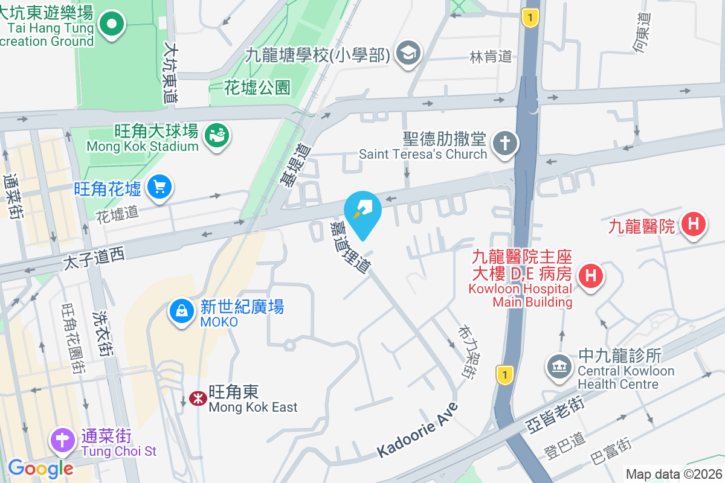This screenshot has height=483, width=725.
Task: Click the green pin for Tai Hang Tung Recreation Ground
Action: pos(112,24)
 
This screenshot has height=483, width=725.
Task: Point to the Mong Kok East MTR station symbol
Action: pos(196,398)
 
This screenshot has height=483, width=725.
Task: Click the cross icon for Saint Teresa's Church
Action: pos(504,144)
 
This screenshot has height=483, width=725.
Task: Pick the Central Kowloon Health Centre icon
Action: pos(559,366)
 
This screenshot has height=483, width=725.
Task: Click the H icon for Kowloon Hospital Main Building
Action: pos(590,277)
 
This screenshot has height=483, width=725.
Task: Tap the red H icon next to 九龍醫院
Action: pos(692,225)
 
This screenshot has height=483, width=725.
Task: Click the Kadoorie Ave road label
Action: pos(417,430)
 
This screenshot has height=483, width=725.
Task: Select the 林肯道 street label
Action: pos(491,57)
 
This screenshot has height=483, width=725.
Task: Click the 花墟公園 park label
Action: pos(257,88)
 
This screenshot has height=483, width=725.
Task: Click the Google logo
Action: pos(40,468)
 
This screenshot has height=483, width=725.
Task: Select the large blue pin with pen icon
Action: pos(362,211)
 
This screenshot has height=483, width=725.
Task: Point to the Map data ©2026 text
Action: pos(672,474)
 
